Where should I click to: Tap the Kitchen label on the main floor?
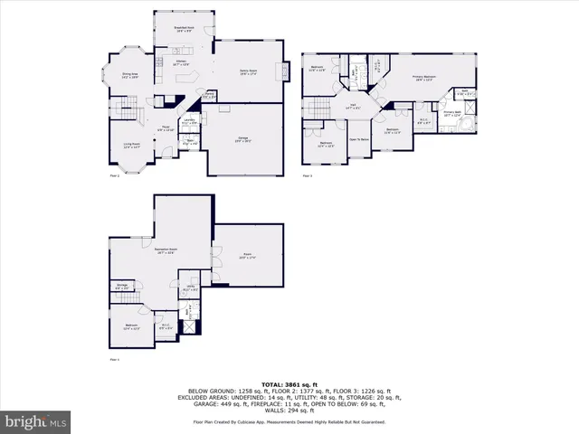[180, 63]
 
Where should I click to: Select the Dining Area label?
[129, 75]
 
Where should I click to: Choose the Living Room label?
[130, 145]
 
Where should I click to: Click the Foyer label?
[166, 128]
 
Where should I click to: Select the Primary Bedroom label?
[424, 79]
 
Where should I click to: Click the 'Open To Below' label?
[359, 139]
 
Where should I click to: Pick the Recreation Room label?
[165, 250]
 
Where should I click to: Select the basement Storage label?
[121, 288]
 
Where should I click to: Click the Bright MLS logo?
[34, 422]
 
